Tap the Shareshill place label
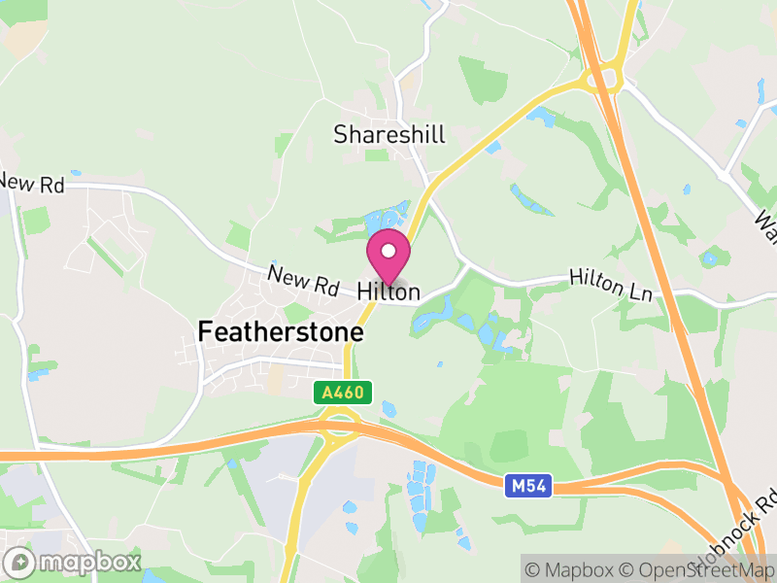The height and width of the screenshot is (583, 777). click(388, 135)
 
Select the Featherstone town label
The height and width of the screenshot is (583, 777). click(281, 331)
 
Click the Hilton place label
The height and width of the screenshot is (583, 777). click(388, 291)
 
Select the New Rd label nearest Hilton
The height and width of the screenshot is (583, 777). click(304, 282)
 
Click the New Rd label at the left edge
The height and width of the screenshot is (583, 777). click(31, 183)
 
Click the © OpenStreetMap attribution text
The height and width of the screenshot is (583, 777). click(698, 569)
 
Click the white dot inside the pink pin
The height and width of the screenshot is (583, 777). click(388, 252)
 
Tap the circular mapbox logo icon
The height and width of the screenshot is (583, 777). click(20, 562)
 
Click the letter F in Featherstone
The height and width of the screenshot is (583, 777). click(205, 331)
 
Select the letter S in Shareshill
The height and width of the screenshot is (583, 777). click(341, 135)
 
